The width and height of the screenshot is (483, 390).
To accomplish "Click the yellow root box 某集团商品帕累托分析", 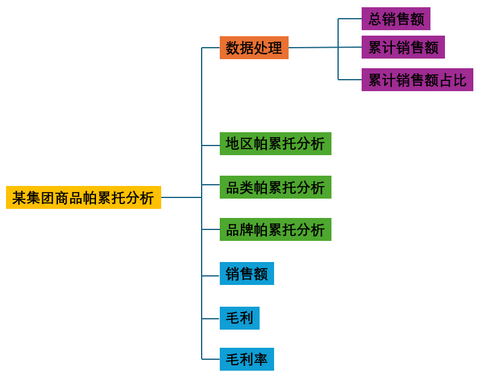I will pos(83,197).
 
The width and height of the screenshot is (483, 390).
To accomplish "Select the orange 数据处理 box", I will pos(254,48).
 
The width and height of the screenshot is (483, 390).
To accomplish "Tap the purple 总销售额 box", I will pos(395,19).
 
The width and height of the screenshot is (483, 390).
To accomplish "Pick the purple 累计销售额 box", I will pos(403,47).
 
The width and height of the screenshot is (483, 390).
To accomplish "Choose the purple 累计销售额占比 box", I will pos(417,80).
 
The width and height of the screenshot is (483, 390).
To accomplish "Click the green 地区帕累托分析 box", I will pos(275,144).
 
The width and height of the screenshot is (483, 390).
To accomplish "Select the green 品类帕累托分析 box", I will pos(275,187).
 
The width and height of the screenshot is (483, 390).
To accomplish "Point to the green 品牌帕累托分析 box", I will pos(275,229).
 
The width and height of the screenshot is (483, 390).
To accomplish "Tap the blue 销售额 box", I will pos(246,273).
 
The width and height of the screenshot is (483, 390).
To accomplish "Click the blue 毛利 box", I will pos(239,318).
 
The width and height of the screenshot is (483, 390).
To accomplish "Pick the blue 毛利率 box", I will pos(246,359).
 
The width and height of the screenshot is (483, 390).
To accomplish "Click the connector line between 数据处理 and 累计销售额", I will pos(314,48).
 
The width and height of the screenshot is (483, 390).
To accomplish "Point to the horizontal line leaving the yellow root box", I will pos(181,197).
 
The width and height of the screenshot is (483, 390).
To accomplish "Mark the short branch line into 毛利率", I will pos(211,359).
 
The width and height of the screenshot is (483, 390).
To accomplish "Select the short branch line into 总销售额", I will pos(350,19).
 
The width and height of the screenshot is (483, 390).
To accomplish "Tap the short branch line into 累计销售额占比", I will pos(350,80).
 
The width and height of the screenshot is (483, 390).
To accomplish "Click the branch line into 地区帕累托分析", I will pos(211,145).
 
